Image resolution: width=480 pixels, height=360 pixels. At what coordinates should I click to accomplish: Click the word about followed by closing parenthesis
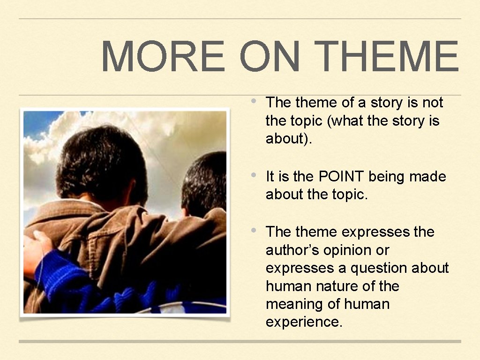pyautogui.click(x=286, y=139)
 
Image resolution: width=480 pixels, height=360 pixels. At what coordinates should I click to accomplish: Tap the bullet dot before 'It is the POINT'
pyautogui.click(x=253, y=175)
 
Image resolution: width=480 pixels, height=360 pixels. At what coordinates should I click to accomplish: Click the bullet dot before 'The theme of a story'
pyautogui.click(x=253, y=101)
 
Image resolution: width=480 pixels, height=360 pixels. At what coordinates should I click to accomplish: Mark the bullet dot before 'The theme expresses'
pyautogui.click(x=253, y=230)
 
